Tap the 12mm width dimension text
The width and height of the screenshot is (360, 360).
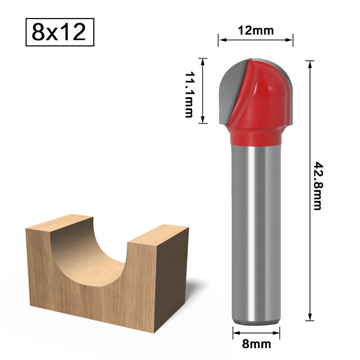coord(255,31)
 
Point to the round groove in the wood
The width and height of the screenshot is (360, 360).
coord(90,252)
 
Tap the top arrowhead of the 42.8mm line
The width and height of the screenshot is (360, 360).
coord(310,63)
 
